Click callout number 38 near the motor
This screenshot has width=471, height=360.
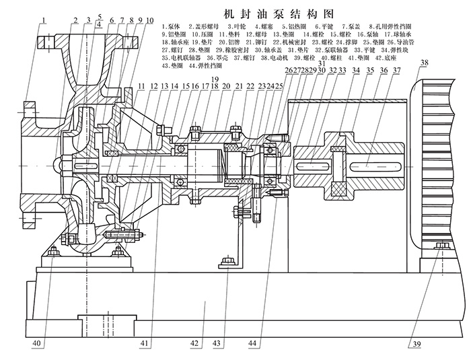(423, 65)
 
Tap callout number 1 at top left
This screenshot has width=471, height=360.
(42, 20)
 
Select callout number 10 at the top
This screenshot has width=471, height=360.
(149, 20)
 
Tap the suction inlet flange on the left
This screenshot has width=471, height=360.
(29, 161)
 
